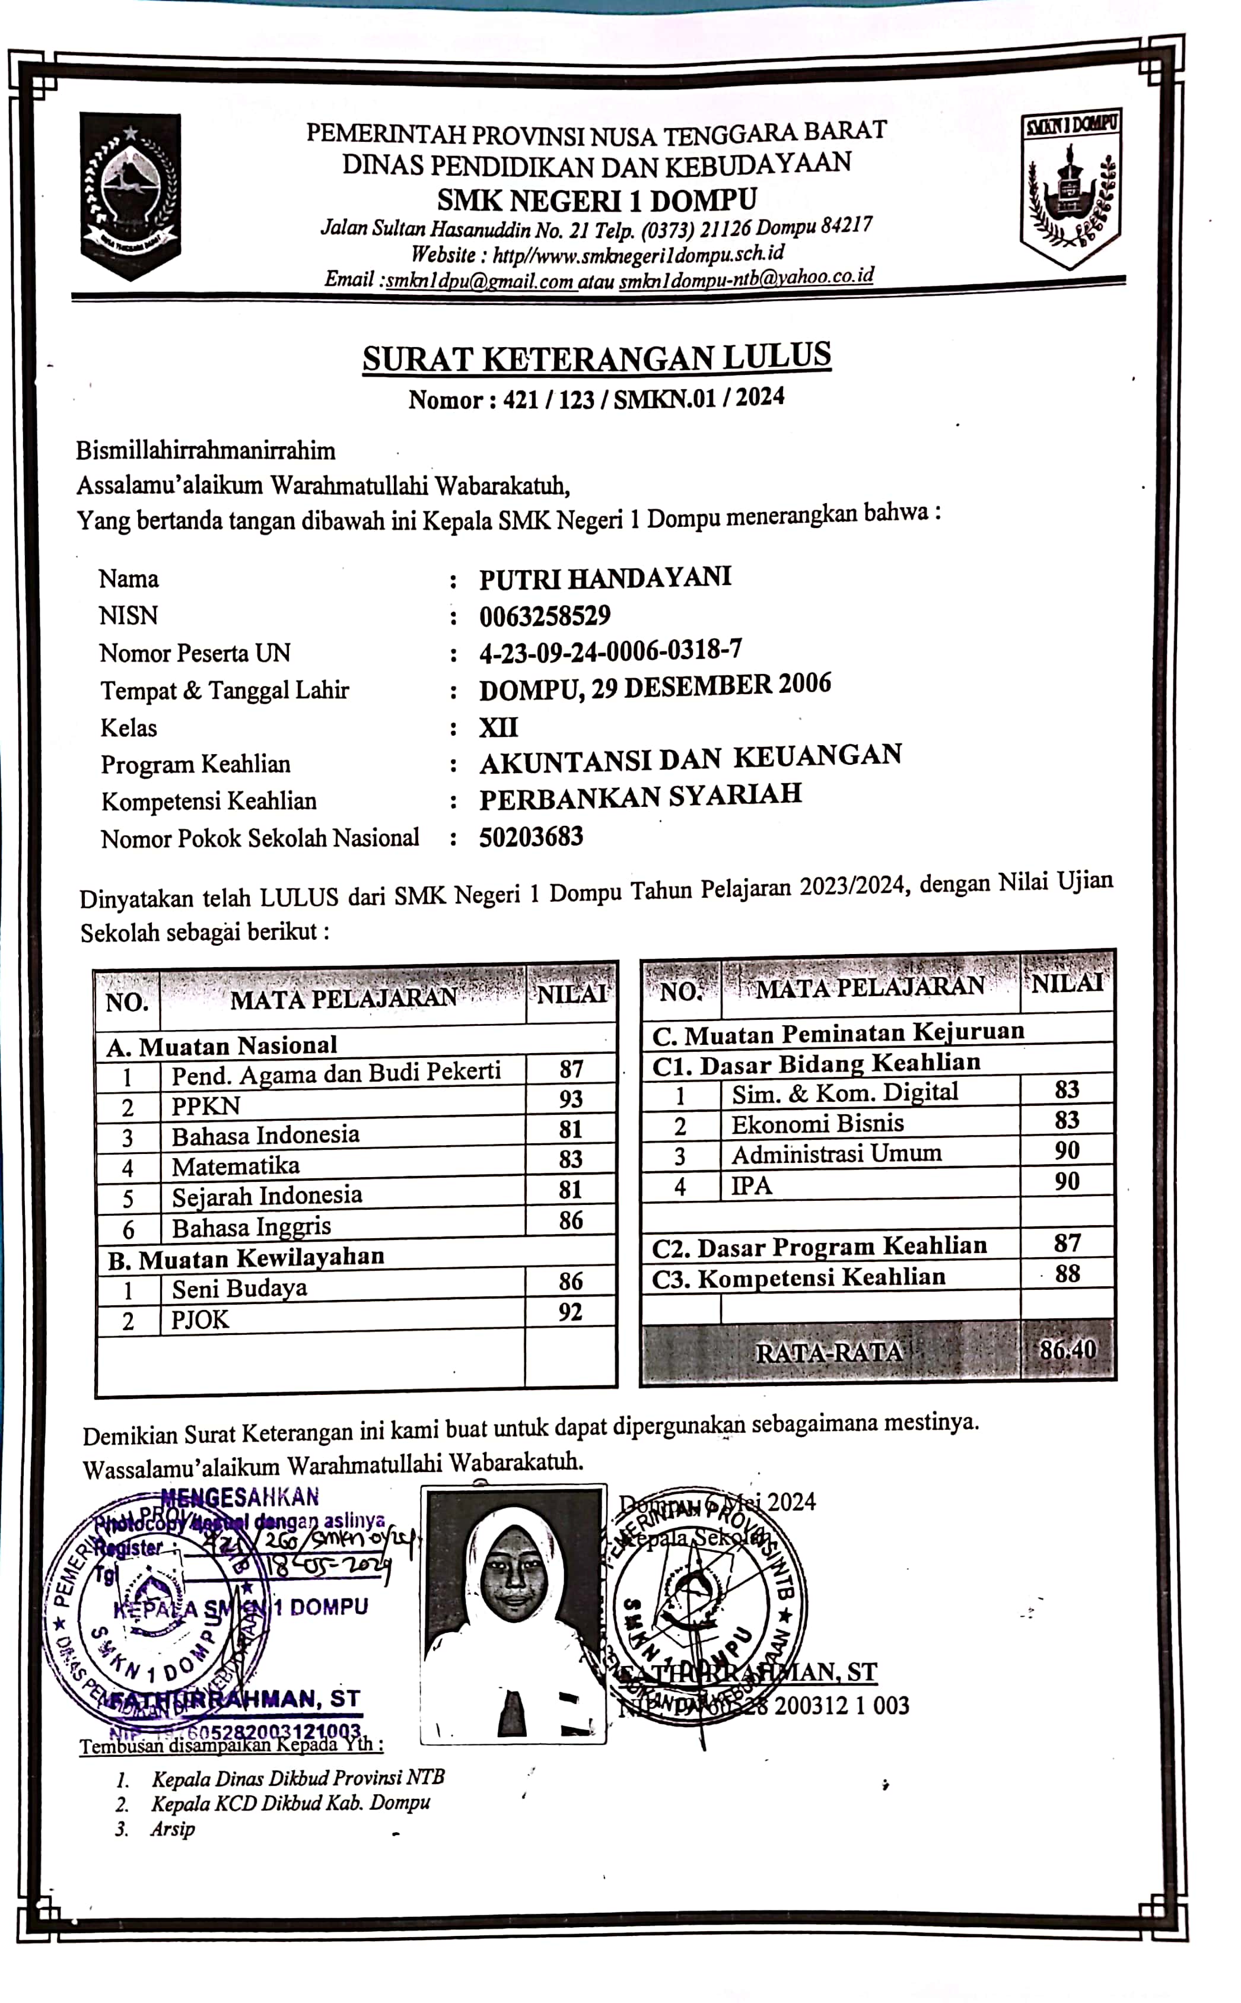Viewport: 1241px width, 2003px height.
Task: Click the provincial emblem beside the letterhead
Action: click(x=131, y=194)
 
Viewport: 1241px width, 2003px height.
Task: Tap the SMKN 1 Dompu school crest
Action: click(x=1071, y=188)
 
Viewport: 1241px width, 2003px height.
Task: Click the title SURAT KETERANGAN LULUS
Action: click(x=597, y=358)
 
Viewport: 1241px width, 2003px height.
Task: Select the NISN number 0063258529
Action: click(x=545, y=616)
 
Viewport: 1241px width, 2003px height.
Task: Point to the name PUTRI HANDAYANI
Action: click(x=605, y=578)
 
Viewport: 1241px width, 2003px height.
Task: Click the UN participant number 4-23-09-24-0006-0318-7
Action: click(x=610, y=652)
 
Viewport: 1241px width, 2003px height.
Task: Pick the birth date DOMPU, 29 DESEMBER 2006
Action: click(x=655, y=686)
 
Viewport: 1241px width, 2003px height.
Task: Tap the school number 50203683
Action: click(x=531, y=837)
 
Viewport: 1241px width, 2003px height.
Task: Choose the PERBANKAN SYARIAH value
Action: click(x=640, y=796)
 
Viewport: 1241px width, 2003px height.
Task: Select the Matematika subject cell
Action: click(x=236, y=1166)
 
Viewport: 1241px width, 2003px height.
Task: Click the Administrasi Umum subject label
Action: click(x=836, y=1154)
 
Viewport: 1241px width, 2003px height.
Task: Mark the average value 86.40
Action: click(x=1067, y=1350)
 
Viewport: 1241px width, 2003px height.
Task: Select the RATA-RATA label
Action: click(x=829, y=1352)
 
